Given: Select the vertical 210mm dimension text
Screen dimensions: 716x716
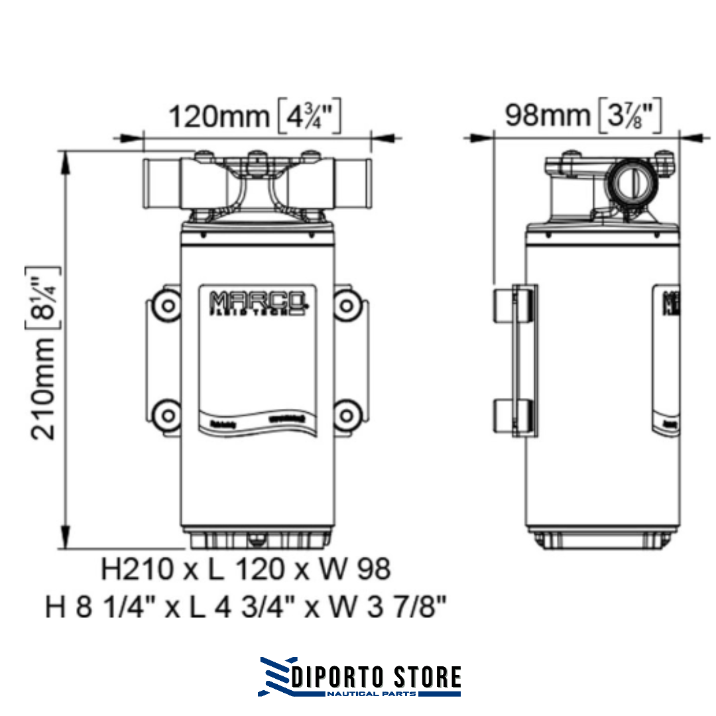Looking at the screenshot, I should tap(45, 388).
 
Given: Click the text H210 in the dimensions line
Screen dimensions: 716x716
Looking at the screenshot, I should tap(139, 569).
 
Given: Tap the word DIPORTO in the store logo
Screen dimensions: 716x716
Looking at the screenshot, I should tap(342, 677).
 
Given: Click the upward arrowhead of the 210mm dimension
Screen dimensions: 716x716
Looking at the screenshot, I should tap(66, 159).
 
